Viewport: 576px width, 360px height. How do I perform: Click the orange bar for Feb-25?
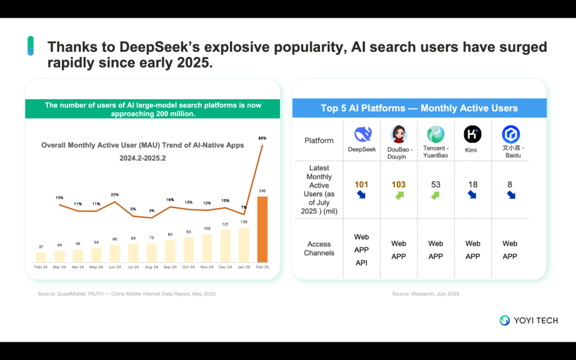point(262,229)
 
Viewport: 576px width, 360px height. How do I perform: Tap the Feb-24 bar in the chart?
point(41,257)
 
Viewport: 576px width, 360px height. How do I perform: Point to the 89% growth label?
point(262,138)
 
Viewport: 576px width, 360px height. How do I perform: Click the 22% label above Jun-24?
point(115,195)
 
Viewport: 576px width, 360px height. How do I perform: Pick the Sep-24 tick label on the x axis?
point(170,267)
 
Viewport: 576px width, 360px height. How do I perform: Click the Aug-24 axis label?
point(151,267)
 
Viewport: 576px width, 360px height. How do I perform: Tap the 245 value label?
point(262,191)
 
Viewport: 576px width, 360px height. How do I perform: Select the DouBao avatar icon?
point(398,134)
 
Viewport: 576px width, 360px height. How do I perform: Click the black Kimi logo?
point(472,134)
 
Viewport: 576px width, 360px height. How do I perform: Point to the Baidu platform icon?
point(510,134)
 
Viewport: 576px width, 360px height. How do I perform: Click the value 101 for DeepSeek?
point(361,184)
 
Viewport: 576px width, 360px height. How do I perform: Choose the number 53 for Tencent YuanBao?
point(435,184)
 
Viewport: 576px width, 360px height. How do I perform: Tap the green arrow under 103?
point(398,196)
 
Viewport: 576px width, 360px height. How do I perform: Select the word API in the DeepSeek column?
point(361,263)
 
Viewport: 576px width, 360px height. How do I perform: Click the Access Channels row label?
point(319,249)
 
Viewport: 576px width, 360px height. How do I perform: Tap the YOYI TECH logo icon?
point(505,320)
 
